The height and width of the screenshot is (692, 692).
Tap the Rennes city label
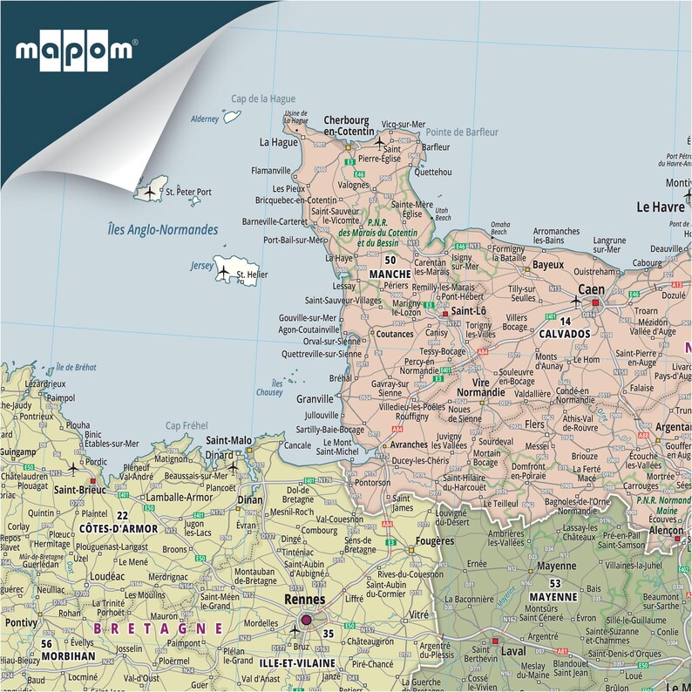(304, 600)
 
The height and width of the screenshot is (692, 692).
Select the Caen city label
(592, 288)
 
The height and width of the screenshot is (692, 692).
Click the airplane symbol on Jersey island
(223, 271)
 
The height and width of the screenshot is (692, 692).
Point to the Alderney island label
(204, 119)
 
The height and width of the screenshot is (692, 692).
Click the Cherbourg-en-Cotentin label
(347, 126)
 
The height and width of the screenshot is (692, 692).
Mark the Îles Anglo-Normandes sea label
(162, 230)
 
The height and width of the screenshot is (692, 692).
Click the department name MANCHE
(390, 274)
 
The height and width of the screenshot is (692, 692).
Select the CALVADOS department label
(565, 331)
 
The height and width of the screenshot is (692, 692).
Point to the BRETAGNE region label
(159, 627)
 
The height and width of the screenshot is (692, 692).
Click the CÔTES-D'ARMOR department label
(119, 528)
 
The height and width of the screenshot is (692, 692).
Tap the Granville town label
(315, 398)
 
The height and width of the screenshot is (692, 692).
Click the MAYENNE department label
(551, 597)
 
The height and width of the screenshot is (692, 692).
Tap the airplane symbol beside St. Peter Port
(150, 191)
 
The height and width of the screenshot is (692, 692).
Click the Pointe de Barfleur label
(462, 132)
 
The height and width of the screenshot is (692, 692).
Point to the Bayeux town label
(548, 263)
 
